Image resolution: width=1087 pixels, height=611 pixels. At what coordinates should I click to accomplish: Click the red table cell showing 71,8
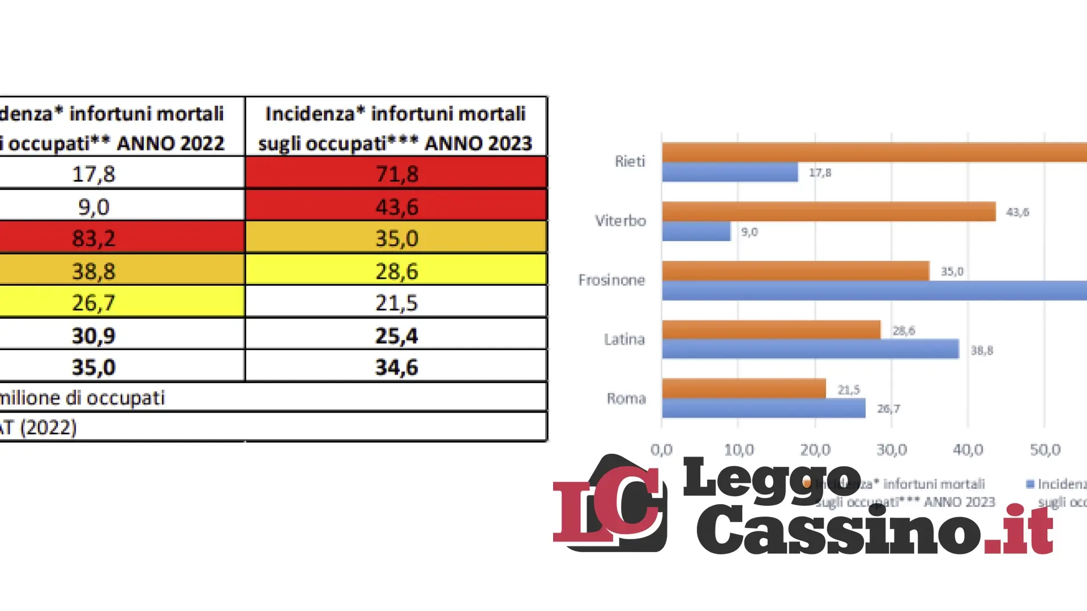pos(396,173)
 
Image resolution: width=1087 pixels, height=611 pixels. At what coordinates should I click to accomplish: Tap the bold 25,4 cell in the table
pos(396,335)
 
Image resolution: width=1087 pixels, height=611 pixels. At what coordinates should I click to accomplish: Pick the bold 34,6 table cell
pos(396,367)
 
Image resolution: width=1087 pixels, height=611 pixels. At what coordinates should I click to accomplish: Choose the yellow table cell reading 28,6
pos(396,270)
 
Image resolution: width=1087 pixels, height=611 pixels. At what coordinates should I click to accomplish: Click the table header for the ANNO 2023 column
pos(395,128)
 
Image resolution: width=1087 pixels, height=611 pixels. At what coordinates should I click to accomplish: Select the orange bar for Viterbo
pos(828,212)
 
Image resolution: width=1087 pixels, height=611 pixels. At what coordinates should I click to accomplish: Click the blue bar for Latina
pos(810,349)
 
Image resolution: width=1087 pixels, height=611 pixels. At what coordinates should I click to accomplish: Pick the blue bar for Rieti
pos(730,172)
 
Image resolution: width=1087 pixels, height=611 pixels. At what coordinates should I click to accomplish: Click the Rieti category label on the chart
pos(630,161)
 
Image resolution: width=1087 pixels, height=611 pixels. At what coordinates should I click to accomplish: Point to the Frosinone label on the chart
pos(611,280)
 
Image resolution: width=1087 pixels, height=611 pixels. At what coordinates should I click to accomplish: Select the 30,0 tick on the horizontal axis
pos(891,450)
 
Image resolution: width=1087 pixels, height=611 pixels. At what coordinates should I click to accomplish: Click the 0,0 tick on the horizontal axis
pos(661,450)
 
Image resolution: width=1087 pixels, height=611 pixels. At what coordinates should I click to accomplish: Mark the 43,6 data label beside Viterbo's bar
pos(1017,212)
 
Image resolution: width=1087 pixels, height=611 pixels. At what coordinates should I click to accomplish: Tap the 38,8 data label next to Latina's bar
pos(982,351)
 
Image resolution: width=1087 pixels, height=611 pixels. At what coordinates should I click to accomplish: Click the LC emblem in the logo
pos(610,504)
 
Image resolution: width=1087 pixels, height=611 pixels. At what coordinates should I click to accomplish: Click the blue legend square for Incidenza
pos(1030,484)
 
